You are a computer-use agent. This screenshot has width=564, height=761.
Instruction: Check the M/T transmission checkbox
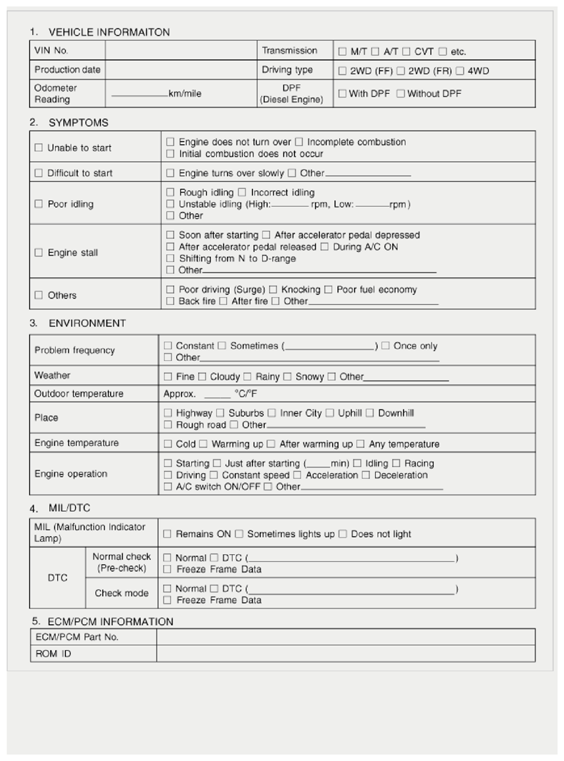click(342, 52)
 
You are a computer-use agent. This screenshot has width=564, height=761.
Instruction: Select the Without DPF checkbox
click(401, 94)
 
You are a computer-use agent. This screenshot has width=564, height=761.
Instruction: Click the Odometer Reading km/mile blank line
click(139, 94)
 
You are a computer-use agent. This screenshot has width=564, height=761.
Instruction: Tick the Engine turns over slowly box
click(170, 173)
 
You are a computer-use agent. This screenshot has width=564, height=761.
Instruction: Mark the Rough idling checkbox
click(170, 193)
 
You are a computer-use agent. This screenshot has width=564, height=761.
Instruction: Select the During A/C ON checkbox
click(325, 247)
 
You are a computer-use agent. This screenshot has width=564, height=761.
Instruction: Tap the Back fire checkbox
click(170, 301)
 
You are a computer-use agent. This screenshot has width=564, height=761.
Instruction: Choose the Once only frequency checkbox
click(386, 346)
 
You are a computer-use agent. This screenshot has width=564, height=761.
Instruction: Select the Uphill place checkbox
click(330, 413)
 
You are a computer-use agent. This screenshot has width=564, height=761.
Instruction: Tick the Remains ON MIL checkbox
click(167, 534)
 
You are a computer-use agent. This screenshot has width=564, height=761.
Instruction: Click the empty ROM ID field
click(345, 654)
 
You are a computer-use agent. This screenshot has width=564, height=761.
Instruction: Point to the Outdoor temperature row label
click(79, 394)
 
